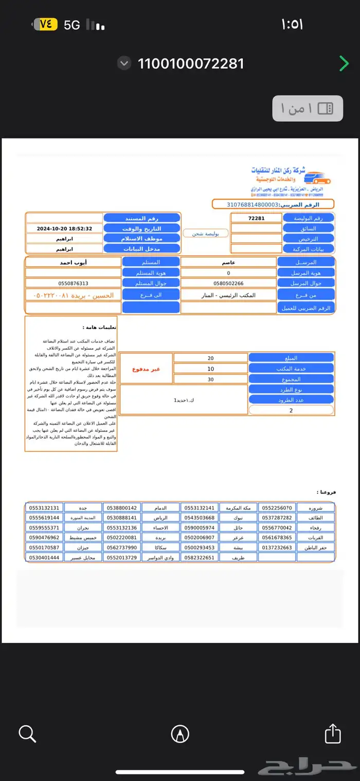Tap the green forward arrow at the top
(x=344, y=64)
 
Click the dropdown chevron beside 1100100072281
(x=124, y=63)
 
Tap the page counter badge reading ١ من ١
(x=308, y=108)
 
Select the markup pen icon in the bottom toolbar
(x=180, y=734)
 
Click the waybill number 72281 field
(x=256, y=218)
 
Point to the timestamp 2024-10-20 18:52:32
(x=64, y=228)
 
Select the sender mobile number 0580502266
(x=228, y=283)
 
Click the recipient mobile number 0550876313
(x=73, y=283)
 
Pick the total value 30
(x=211, y=379)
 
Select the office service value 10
(x=211, y=369)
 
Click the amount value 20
(x=211, y=358)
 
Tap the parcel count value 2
(x=291, y=411)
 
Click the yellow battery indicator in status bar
(x=46, y=24)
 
